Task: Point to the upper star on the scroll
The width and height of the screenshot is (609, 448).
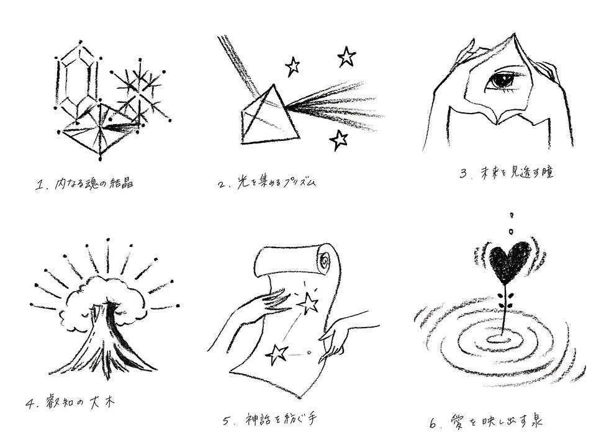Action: [309, 303]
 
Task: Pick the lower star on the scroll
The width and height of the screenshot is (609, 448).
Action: [276, 354]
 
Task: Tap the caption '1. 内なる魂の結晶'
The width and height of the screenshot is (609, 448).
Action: [84, 183]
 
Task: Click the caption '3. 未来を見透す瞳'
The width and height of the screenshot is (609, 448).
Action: [506, 172]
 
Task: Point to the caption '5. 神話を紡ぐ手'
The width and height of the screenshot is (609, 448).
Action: [270, 419]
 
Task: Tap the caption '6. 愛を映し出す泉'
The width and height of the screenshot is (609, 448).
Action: [486, 421]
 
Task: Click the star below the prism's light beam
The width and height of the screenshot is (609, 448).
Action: [339, 140]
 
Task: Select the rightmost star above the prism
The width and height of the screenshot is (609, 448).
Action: [346, 57]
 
